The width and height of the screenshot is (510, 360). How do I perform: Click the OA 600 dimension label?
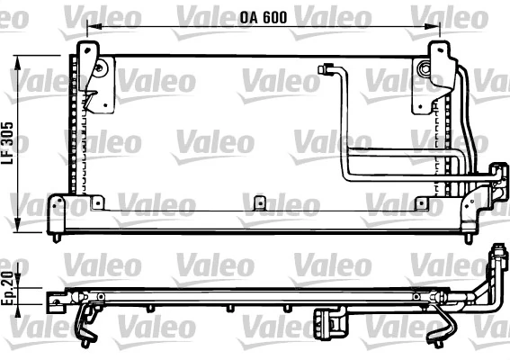(x=264, y=18)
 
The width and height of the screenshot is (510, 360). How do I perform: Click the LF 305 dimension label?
(x=7, y=143)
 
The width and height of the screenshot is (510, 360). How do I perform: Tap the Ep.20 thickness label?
(x=7, y=289)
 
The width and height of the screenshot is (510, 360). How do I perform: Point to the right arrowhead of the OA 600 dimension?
(x=433, y=26)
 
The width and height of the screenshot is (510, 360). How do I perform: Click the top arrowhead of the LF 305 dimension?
(x=18, y=63)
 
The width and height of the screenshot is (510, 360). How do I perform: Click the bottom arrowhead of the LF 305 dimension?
(x=18, y=225)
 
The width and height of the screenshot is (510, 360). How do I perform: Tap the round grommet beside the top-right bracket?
(x=425, y=69)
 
